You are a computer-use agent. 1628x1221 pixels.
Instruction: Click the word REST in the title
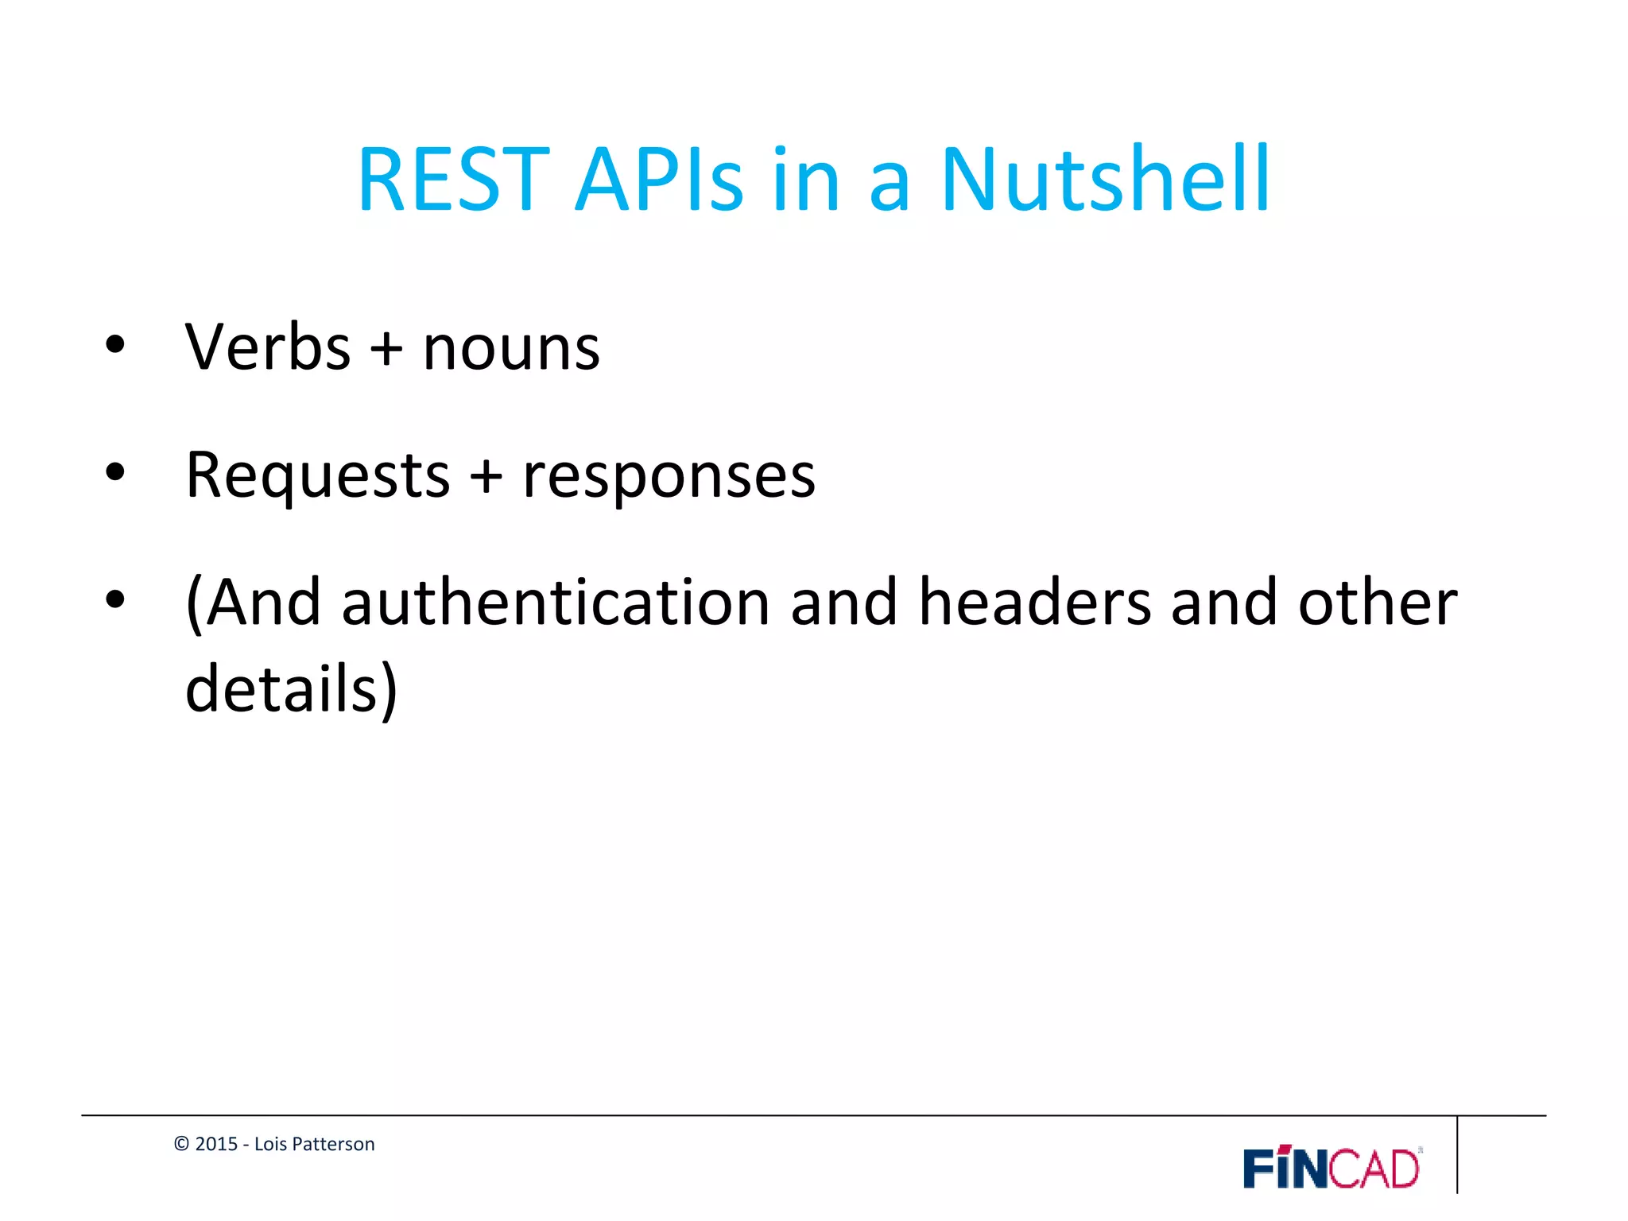pos(454,180)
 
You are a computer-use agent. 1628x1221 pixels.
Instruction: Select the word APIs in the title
pos(659,180)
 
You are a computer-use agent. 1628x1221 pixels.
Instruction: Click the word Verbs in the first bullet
pos(268,347)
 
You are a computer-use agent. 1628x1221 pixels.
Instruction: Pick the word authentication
pos(556,603)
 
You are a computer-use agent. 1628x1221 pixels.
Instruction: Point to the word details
pos(281,688)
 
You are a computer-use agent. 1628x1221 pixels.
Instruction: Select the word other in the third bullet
pos(1378,603)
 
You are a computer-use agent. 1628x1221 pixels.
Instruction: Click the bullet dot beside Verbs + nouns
pos(115,345)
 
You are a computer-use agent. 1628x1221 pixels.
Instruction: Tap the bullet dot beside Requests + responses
pos(115,472)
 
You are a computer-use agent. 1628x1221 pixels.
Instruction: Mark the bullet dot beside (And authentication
pos(115,599)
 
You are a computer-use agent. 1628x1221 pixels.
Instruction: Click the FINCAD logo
pos(1332,1169)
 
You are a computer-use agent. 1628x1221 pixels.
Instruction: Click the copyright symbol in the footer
pos(181,1144)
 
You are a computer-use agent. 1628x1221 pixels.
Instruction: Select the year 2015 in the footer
pos(216,1144)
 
